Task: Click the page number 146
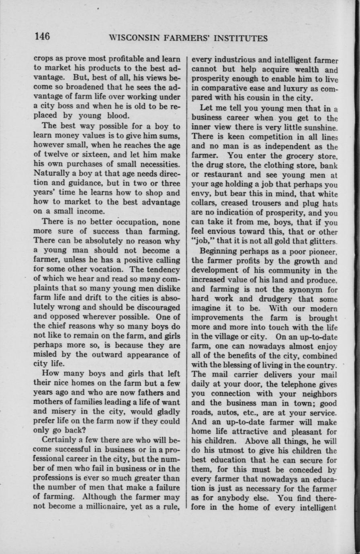click(42, 37)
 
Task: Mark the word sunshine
click(321, 127)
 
